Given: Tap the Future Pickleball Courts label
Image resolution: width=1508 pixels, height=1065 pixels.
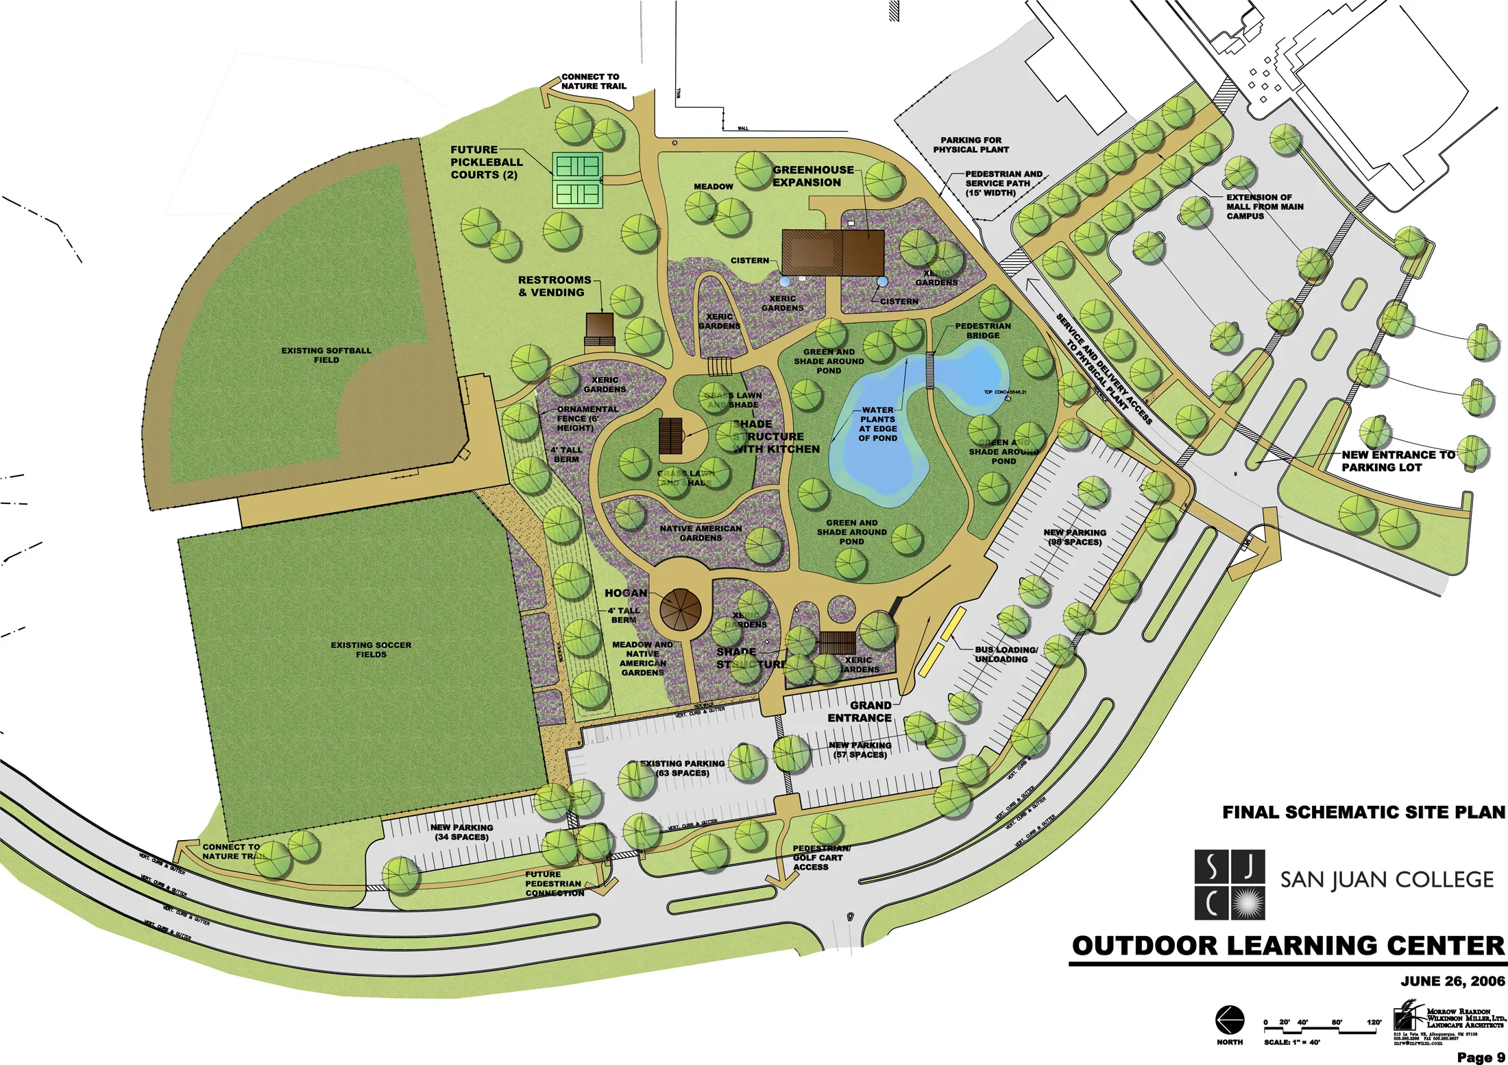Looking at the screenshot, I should click(486, 163).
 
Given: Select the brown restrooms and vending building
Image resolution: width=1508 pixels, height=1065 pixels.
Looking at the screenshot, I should click(599, 326).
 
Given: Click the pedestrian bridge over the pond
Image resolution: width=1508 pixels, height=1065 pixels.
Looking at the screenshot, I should click(930, 370).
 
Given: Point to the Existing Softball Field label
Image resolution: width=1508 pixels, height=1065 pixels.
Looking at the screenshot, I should click(326, 355).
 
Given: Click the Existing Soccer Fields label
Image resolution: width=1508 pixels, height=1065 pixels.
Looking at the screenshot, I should click(371, 649).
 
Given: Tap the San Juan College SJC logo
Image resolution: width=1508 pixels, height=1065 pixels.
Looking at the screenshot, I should click(1229, 885).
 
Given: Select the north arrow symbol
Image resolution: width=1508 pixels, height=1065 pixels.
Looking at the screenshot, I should click(1230, 1020).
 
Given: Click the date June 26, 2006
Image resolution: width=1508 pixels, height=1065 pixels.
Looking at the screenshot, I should click(1452, 981).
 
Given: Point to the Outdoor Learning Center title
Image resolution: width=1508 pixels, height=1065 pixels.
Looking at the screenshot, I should click(1288, 946).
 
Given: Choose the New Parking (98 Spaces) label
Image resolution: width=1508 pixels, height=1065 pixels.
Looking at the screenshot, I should click(1074, 537).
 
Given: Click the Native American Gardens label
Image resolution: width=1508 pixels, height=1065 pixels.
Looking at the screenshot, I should click(701, 533).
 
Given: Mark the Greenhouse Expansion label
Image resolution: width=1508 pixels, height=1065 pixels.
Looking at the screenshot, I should click(813, 176).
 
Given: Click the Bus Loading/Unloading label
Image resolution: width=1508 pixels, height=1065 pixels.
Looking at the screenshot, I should click(1006, 654).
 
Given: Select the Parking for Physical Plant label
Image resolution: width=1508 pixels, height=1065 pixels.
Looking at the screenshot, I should click(971, 145).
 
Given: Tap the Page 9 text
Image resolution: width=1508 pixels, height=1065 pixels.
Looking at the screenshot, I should click(1481, 1057).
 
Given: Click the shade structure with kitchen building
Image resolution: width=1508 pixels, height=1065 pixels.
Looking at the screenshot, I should click(671, 436).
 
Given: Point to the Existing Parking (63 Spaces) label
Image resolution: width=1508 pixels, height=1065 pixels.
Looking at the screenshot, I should click(682, 768).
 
